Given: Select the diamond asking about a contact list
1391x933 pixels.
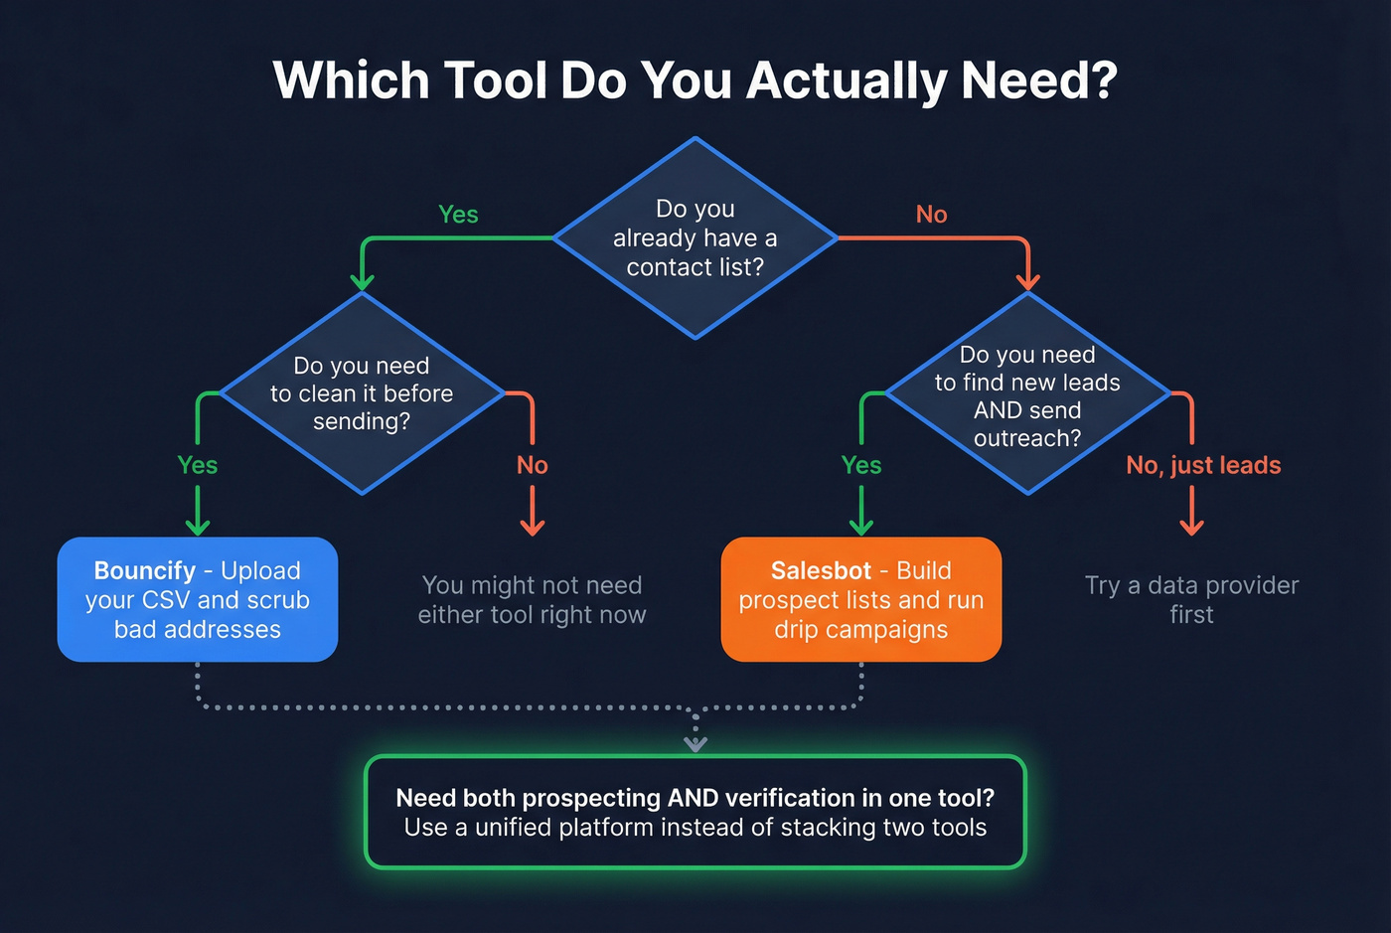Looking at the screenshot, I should [695, 238].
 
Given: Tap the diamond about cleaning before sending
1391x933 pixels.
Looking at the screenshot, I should [362, 393].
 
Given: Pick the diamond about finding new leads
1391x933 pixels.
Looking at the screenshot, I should [1027, 394].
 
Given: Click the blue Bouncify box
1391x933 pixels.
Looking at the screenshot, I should [197, 599].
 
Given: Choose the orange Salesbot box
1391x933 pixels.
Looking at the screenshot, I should [860, 599].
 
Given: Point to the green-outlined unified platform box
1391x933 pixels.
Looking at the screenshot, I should [695, 812].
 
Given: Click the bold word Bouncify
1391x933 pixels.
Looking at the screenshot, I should [145, 570].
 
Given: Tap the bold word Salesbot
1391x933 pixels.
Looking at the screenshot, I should [821, 570].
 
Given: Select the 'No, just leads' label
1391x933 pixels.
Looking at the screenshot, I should [1203, 465].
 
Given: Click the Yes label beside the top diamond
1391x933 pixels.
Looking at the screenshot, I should [458, 215].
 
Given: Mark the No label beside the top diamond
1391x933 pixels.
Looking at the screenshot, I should [931, 215].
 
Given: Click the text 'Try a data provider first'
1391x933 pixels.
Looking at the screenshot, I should [1191, 599].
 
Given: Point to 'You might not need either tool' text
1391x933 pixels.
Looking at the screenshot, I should [532, 599].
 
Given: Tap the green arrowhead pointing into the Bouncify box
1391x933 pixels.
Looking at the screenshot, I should [198, 526].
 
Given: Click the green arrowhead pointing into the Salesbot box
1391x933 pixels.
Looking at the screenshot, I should [861, 526].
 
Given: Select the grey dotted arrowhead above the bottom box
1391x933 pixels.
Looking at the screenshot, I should [695, 743].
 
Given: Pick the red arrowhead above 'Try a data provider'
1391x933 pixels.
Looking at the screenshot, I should [1191, 526].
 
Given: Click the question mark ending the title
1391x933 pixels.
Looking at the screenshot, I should [1104, 80].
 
